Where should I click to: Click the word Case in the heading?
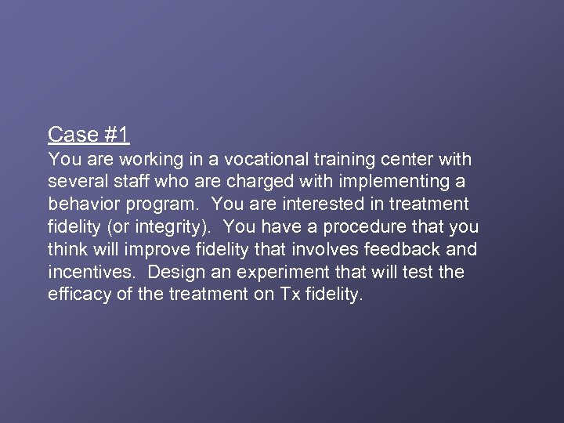[72, 135]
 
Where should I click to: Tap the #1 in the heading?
[115, 135]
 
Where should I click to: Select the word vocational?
[262, 160]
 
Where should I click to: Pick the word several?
[76, 182]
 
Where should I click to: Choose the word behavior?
[81, 204]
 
